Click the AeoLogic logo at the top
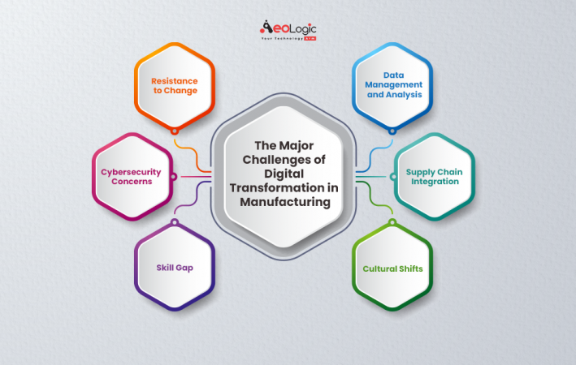288,31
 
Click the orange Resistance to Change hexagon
173,86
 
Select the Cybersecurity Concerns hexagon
132,176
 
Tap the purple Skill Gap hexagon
173,267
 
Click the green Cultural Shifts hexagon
393,267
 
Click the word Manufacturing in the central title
288,202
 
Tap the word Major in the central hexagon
297,146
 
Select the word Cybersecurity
132,171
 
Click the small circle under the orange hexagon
173,130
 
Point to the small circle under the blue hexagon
392,130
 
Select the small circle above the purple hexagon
173,222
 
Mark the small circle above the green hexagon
392,222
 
